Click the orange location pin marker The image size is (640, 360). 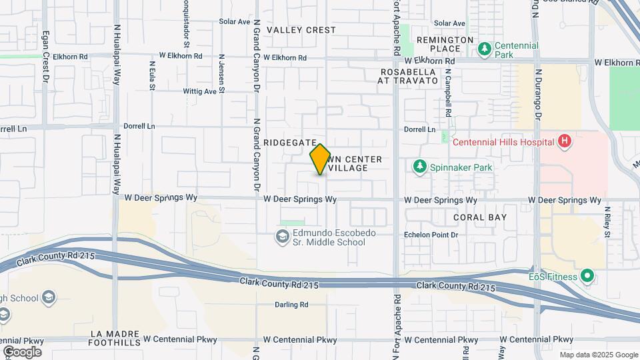click(320, 159)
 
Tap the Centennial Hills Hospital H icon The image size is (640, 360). click(565, 141)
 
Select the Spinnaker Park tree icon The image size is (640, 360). click(419, 167)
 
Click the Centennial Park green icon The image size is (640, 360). click(485, 48)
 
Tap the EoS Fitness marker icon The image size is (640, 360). click(587, 275)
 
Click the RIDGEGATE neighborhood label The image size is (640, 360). click(289, 143)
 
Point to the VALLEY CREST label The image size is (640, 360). click(301, 30)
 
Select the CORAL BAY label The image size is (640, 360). click(480, 217)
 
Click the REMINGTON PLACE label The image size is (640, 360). click(439, 44)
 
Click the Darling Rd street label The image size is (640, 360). click(291, 305)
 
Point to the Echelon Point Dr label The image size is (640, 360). click(431, 235)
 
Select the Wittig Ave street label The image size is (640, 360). click(201, 91)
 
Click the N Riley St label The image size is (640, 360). click(607, 222)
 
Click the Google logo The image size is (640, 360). click(22, 351)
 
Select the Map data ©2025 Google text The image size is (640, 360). click(598, 355)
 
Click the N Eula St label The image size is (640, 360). click(152, 75)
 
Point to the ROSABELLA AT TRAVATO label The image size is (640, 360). click(409, 75)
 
